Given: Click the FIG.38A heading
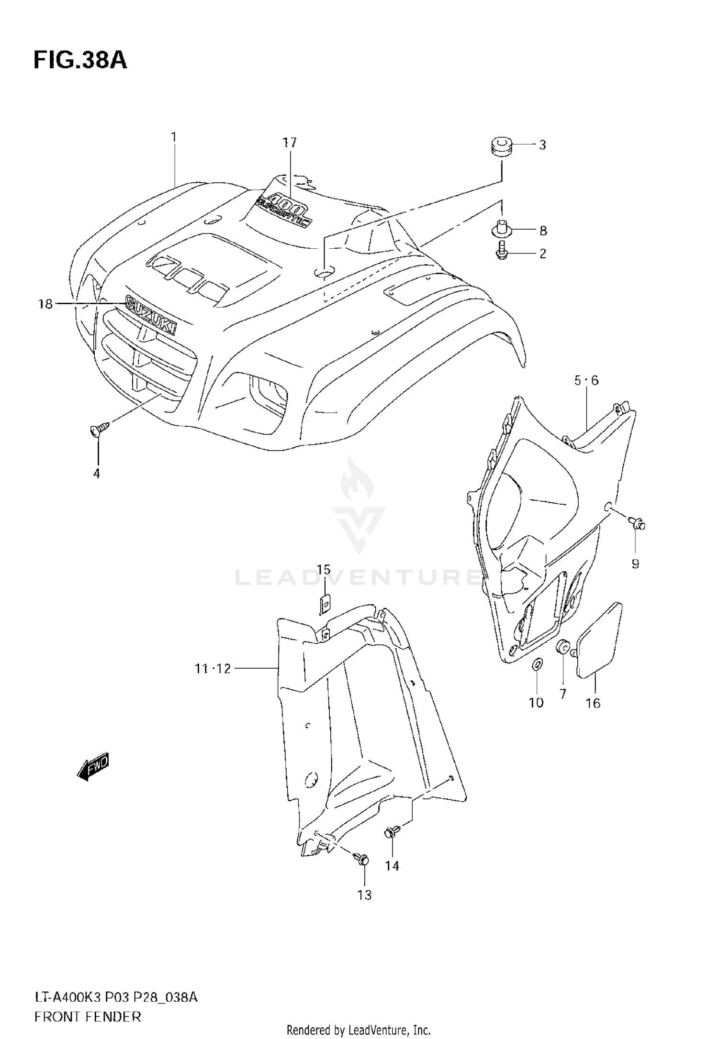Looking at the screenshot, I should click(80, 61).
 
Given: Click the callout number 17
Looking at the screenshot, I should click(289, 143).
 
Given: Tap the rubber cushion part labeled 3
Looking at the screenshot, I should click(502, 145).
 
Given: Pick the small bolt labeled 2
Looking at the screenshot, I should click(501, 251).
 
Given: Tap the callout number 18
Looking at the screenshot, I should click(45, 304).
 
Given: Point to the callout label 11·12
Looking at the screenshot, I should click(213, 668).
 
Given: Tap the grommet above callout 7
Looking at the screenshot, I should click(561, 648).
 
